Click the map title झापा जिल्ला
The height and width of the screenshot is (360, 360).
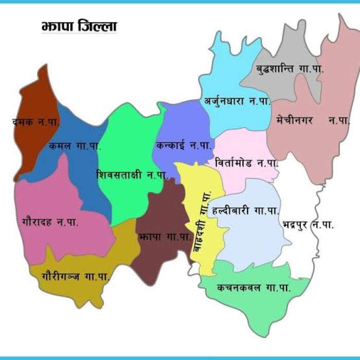click(x=79, y=26)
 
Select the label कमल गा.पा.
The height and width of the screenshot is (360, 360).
click(x=75, y=145)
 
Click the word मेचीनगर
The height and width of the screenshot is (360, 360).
click(x=294, y=120)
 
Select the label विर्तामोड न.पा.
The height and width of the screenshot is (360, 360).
click(x=247, y=163)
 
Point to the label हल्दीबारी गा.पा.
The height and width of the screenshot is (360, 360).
click(x=246, y=211)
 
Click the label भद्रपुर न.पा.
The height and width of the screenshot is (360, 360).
click(x=308, y=225)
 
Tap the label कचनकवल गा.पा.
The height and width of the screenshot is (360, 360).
click(x=254, y=288)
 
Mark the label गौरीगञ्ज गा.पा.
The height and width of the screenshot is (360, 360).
click(x=75, y=276)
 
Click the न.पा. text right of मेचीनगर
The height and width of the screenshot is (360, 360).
click(x=338, y=120)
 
